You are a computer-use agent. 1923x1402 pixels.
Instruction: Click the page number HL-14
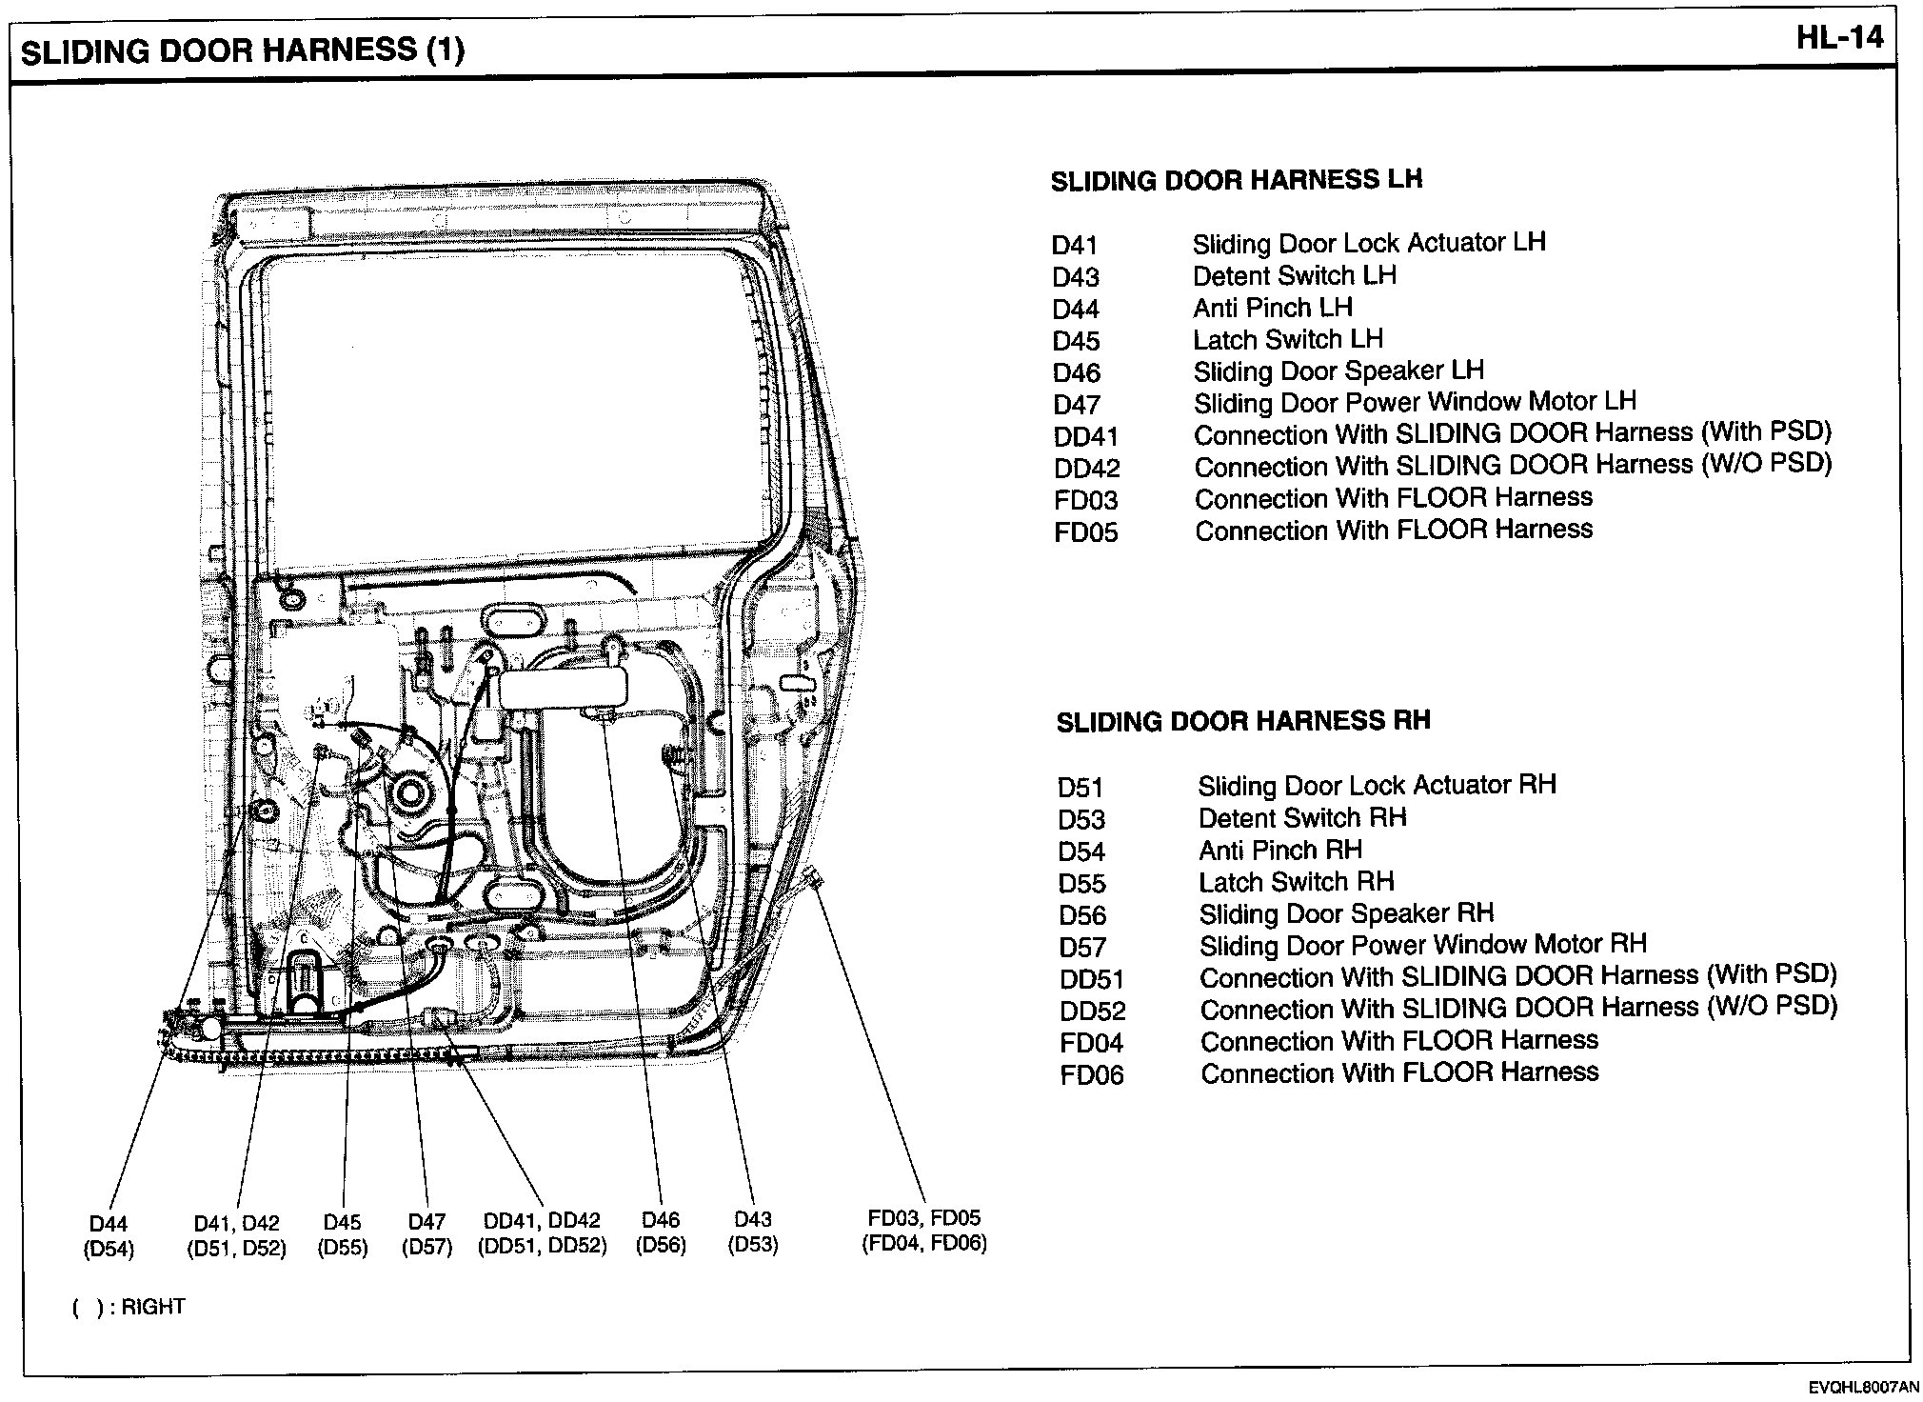[x=1839, y=38]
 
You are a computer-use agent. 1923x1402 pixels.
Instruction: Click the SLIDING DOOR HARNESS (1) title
[x=243, y=50]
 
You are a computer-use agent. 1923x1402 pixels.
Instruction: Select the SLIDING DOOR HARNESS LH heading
[x=1236, y=180]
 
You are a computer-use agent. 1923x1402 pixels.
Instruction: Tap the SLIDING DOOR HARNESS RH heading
[x=1242, y=721]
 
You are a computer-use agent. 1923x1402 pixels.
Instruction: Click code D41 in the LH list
[x=1075, y=246]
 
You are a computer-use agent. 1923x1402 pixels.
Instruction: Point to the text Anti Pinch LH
[x=1272, y=308]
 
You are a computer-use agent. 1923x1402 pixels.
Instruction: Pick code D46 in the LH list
[x=1077, y=373]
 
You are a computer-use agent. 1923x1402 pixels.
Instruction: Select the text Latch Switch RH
[x=1296, y=882]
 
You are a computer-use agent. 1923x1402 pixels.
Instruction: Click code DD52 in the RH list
[x=1092, y=1011]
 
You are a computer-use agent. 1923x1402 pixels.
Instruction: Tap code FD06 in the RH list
[x=1091, y=1075]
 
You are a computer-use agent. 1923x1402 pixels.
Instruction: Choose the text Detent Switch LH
[x=1294, y=276]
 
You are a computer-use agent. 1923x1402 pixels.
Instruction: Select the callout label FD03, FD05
[x=923, y=1218]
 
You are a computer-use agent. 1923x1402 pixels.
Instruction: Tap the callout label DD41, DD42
[x=542, y=1221]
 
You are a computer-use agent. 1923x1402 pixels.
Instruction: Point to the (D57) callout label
[x=426, y=1247]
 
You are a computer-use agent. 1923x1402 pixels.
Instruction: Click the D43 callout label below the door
[x=753, y=1219]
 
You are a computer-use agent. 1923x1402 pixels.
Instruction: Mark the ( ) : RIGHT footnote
[x=129, y=1307]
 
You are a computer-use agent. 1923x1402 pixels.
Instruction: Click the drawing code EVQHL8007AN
[x=1864, y=1389]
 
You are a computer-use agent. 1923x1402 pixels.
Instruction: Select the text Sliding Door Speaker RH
[x=1345, y=914]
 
